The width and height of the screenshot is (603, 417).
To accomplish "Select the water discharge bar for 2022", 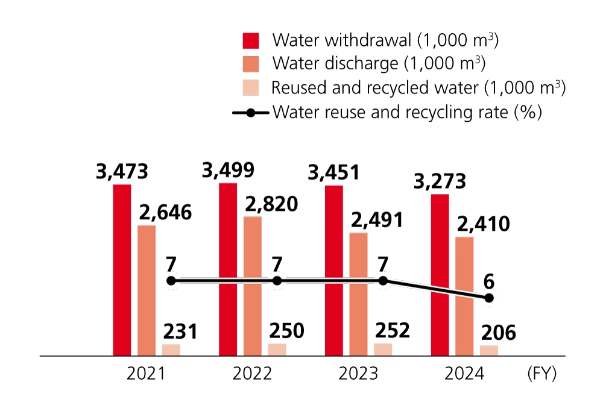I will tap(253, 286).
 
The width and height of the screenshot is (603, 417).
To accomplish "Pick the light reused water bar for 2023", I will tap(383, 350).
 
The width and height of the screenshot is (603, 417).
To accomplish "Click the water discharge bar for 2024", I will tap(464, 296).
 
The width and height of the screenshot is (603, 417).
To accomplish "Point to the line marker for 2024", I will tap(489, 298).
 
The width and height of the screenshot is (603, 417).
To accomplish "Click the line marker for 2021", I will tap(171, 281).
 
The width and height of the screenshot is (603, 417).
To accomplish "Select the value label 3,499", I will tap(228, 171).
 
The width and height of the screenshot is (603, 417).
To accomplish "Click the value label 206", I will tap(498, 332).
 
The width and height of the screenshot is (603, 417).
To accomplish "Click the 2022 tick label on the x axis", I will tap(252, 374).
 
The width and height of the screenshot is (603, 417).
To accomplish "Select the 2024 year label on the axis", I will tap(464, 374).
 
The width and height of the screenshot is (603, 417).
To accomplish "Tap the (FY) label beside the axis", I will tap(541, 374).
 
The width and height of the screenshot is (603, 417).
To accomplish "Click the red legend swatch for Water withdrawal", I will tap(251, 40).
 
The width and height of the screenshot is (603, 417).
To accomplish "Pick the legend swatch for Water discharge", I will tap(251, 64).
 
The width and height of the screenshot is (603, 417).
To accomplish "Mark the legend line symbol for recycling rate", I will tap(250, 112).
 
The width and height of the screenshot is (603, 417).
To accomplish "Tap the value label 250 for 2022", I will tap(286, 331).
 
